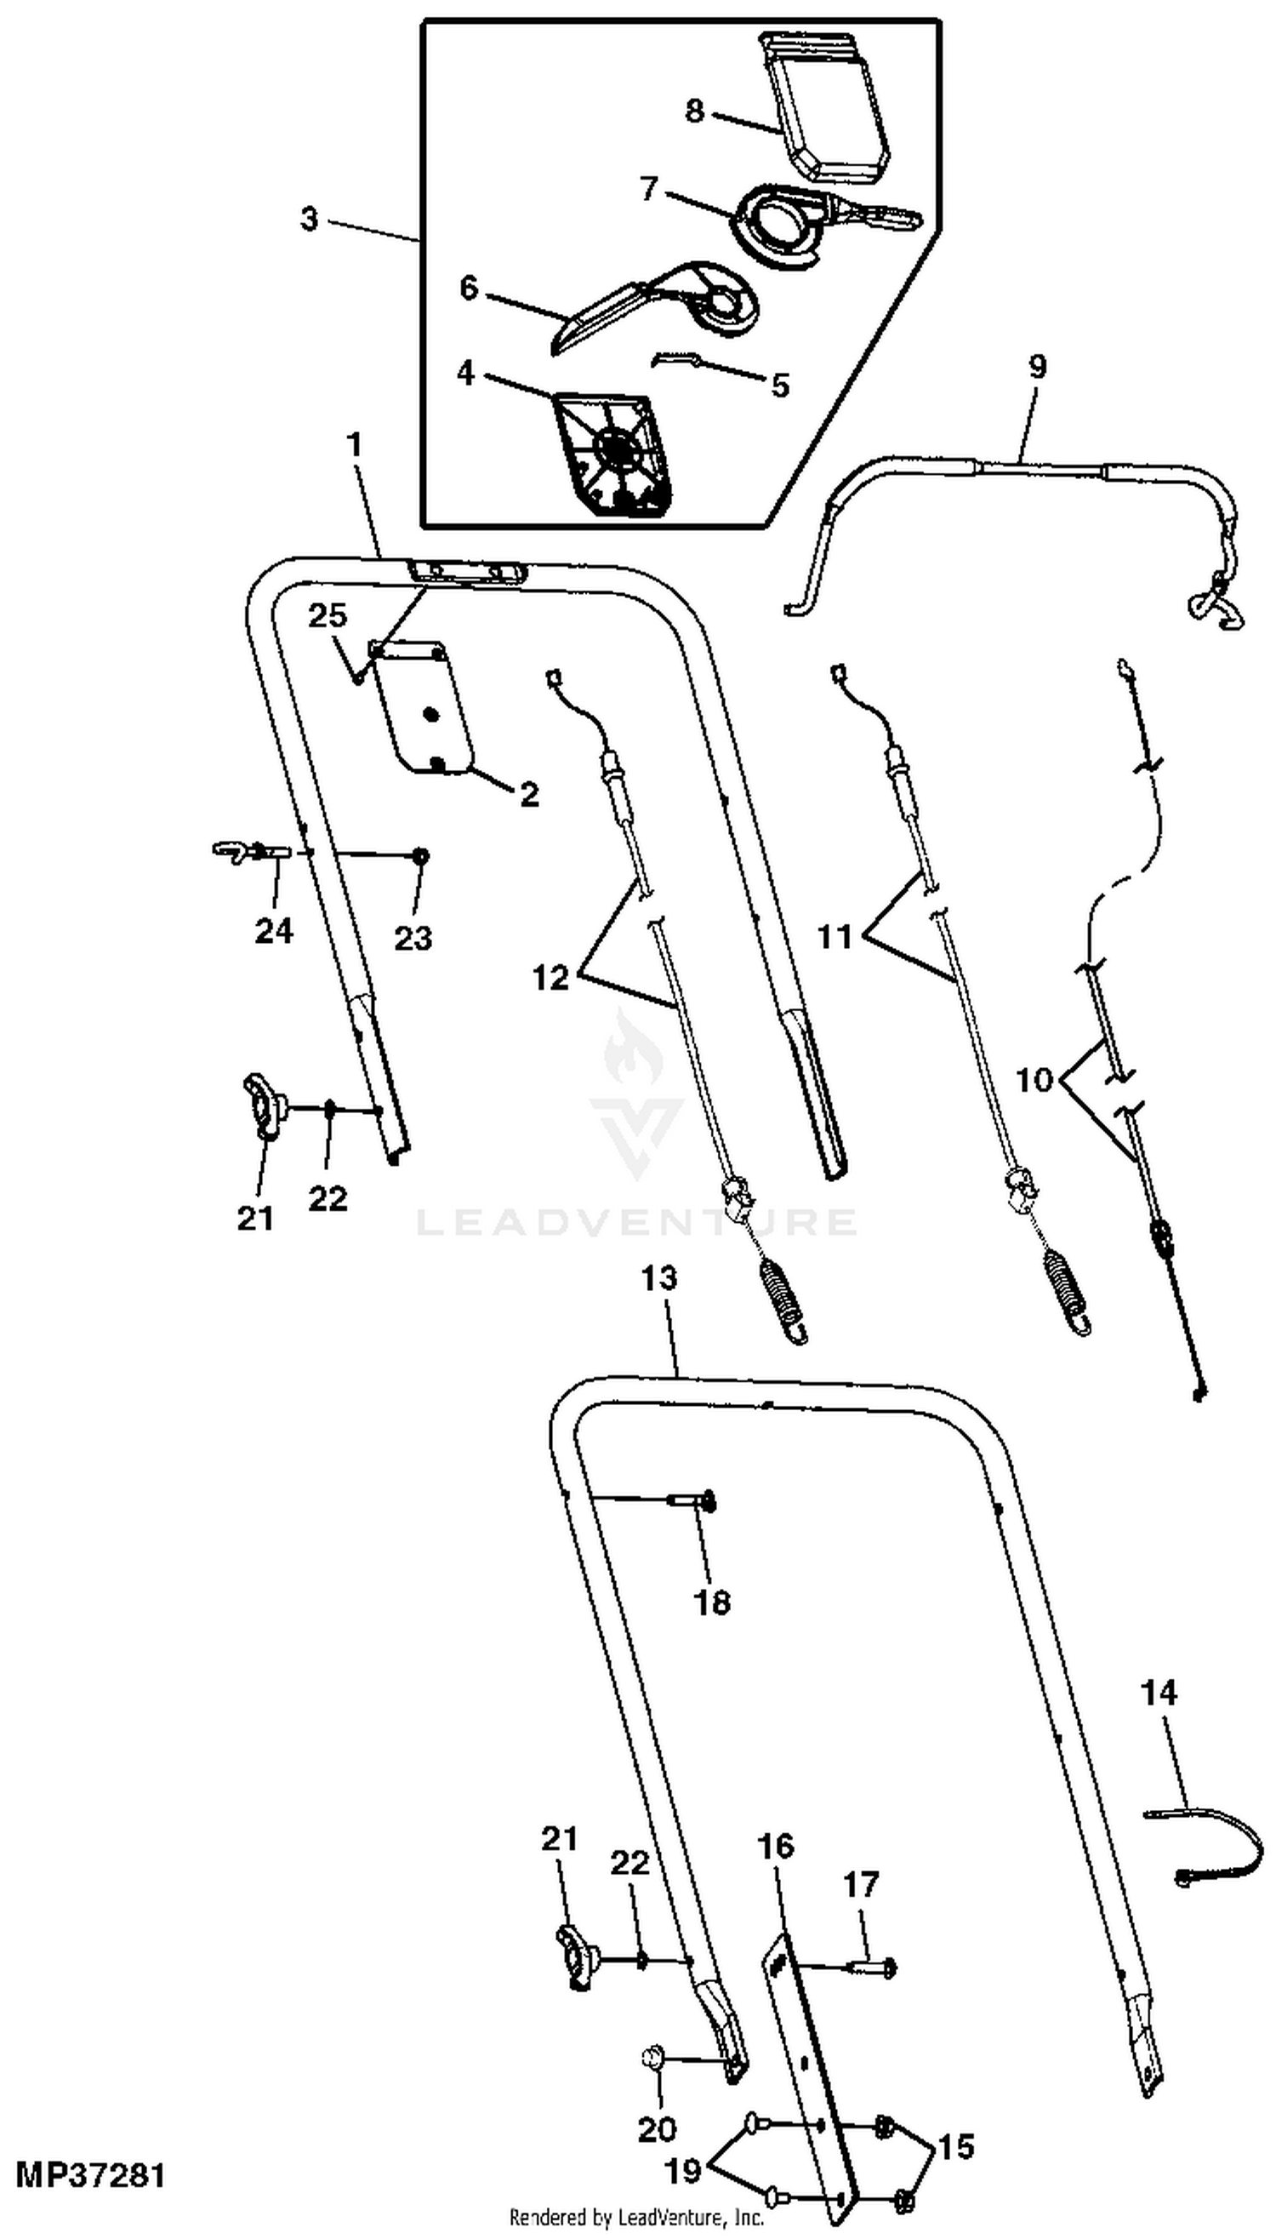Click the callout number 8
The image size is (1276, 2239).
pos(694,111)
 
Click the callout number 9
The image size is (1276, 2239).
pos(1037,367)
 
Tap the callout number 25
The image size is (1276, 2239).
pos(327,616)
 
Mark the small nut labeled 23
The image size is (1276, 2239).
pos(421,854)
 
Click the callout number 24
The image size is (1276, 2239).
pos(273,931)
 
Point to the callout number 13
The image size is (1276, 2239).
pos(659,1279)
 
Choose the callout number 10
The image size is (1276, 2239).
pos(1035,1079)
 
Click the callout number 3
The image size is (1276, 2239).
pos(309,219)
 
